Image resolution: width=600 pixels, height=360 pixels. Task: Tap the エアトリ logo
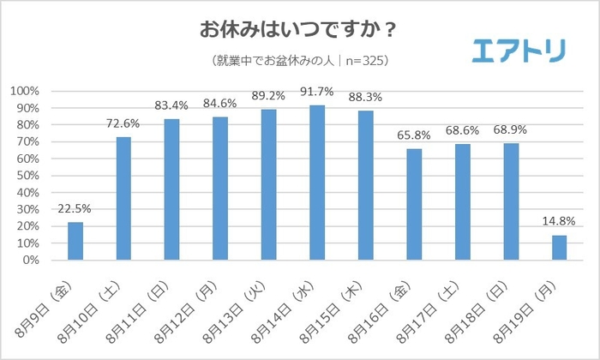tap(519, 51)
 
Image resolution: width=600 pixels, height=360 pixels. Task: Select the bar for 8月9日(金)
tap(75, 241)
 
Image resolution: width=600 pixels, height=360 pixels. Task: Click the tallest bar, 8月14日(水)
tap(317, 183)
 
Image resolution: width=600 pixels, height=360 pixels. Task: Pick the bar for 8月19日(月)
tap(560, 248)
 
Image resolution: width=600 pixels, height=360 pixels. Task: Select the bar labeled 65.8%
tap(414, 205)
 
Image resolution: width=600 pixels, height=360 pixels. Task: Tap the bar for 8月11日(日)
tap(172, 189)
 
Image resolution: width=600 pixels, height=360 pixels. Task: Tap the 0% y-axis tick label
tap(30, 260)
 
